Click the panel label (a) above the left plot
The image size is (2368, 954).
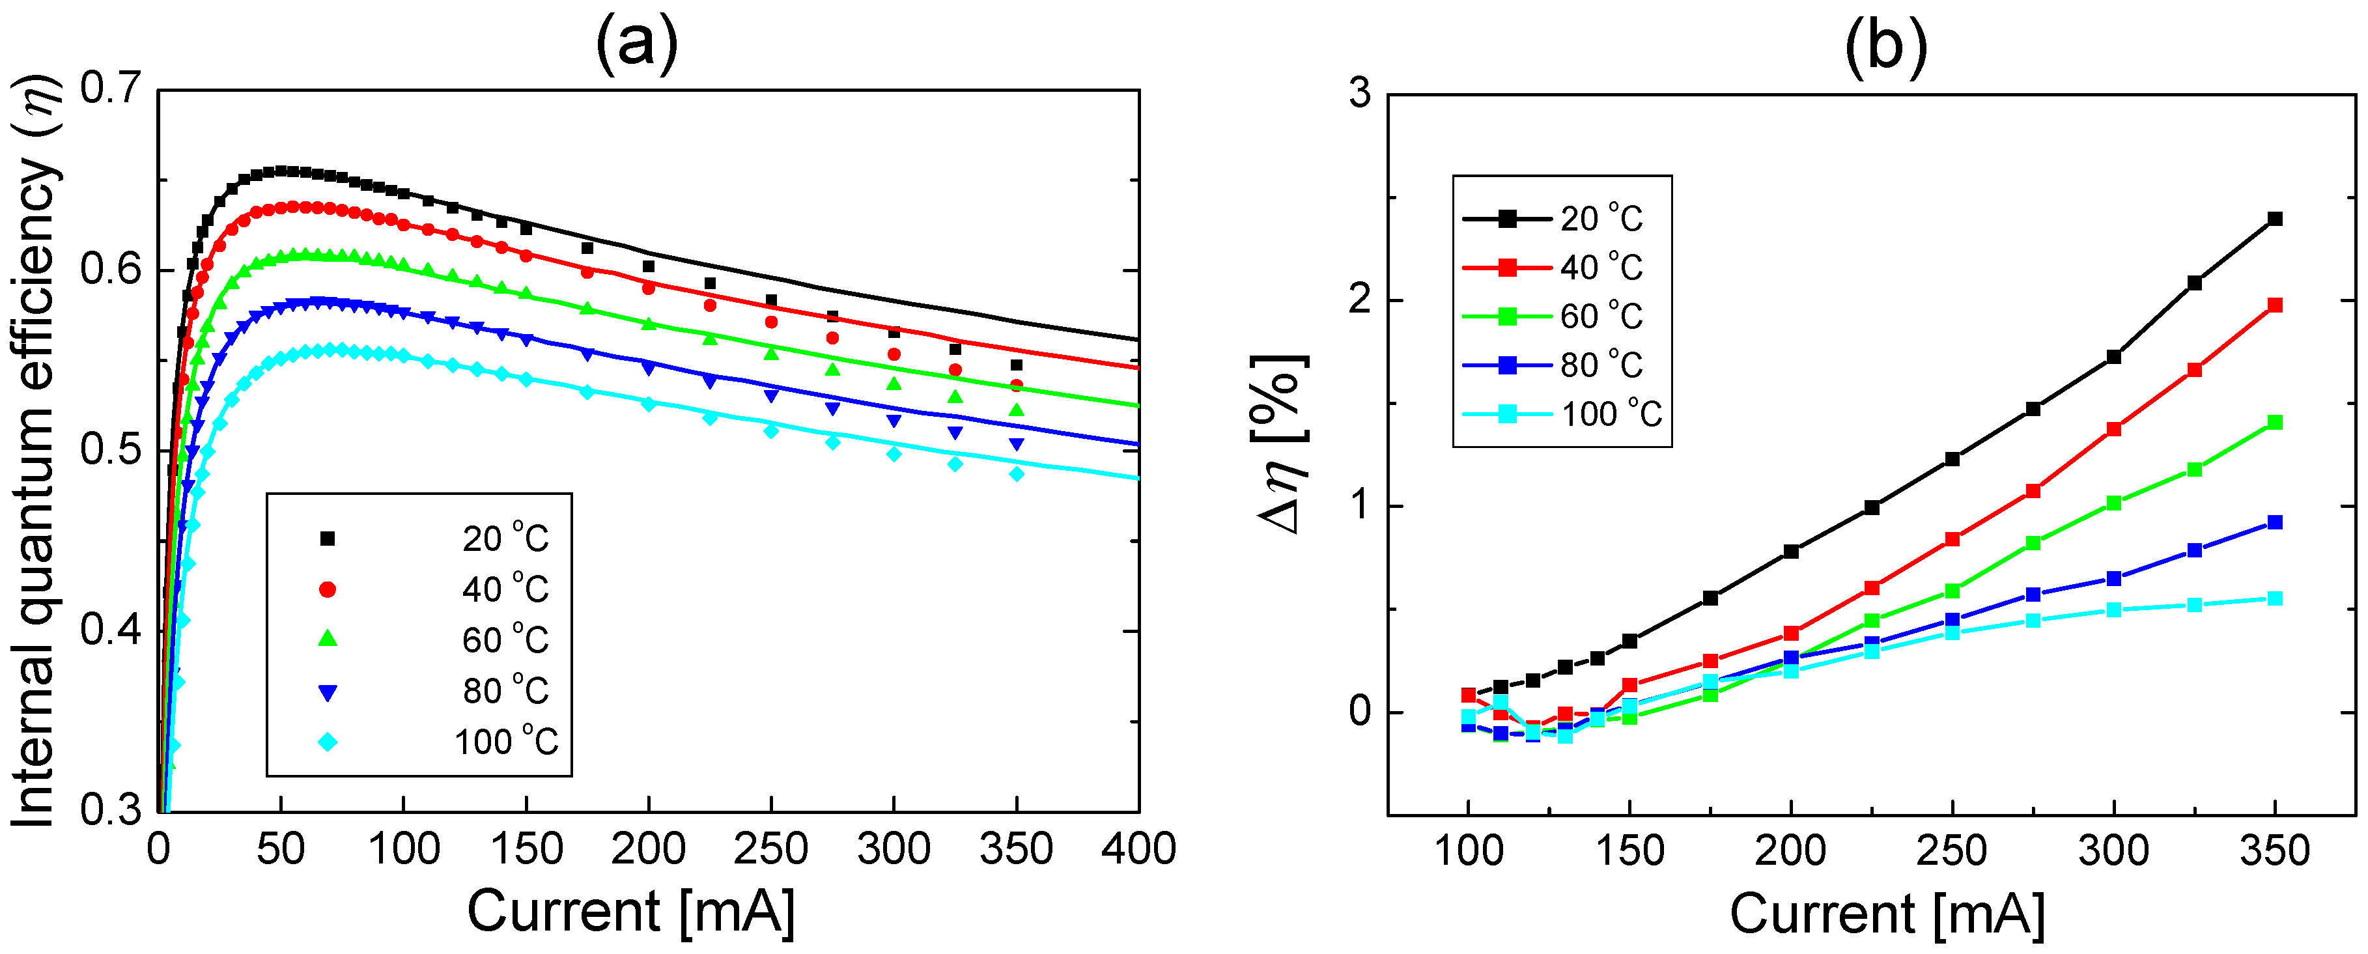[x=636, y=44]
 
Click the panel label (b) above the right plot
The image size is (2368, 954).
[x=1885, y=44]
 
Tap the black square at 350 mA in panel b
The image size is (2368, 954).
[x=2275, y=219]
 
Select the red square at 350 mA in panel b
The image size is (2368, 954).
[x=2275, y=305]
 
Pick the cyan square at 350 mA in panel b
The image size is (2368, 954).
[x=2275, y=598]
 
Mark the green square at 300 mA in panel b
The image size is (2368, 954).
[x=2113, y=503]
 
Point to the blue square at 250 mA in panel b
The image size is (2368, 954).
[x=1952, y=621]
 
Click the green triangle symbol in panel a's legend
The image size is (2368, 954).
[x=327, y=639]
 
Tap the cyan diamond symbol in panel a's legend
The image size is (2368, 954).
[x=327, y=742]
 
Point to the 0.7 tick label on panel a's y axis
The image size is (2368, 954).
[x=110, y=89]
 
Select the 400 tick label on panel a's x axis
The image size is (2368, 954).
[x=1138, y=849]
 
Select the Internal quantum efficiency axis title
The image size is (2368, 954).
[x=35, y=451]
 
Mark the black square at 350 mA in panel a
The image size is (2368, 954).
[x=1016, y=365]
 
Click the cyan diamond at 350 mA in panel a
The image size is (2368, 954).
[x=1016, y=474]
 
